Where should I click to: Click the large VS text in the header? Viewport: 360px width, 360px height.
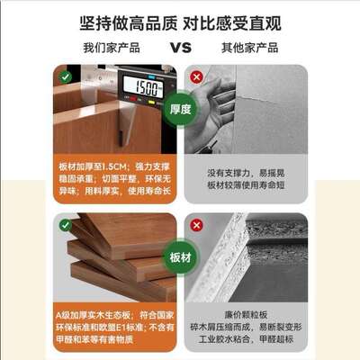179,47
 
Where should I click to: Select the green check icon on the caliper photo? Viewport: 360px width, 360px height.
65,76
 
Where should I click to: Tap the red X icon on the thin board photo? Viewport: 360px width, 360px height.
196,76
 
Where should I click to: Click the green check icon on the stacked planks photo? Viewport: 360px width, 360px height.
65,225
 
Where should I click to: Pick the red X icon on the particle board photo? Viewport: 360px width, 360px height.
196,225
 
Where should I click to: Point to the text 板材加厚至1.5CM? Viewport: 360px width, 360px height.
89,166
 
